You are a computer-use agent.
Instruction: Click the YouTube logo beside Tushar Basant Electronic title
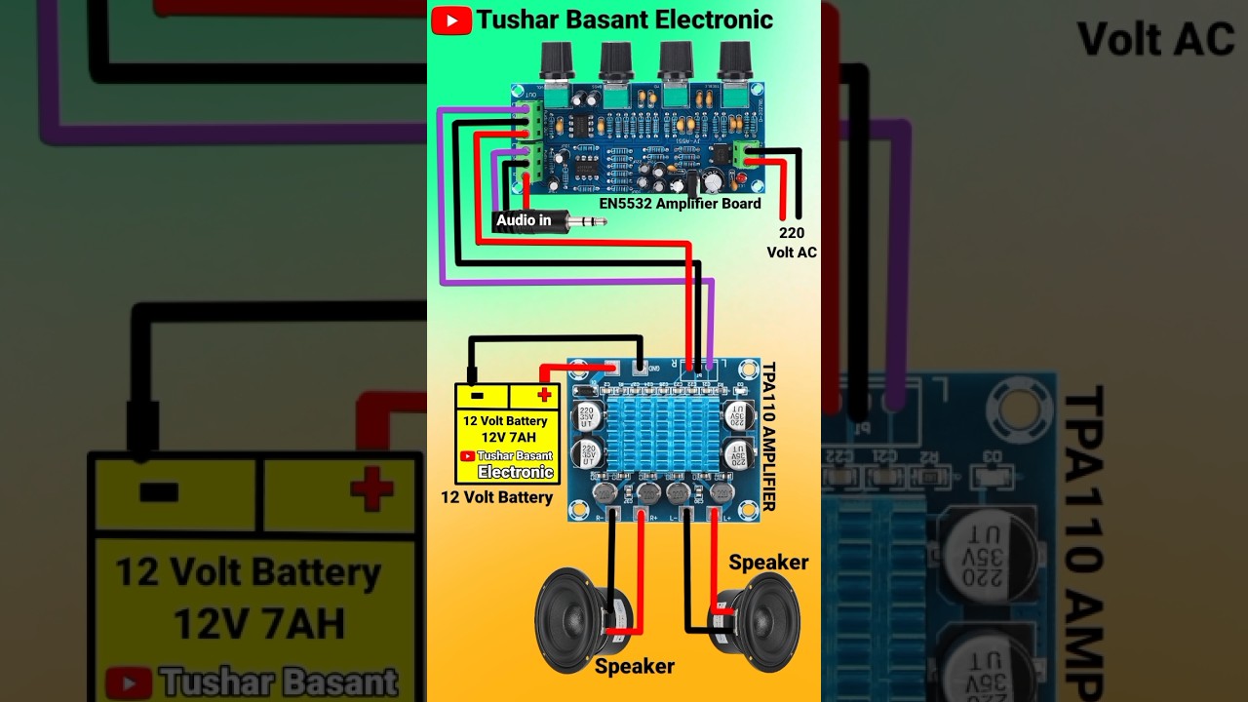click(x=451, y=20)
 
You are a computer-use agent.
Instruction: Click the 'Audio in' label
click(x=524, y=220)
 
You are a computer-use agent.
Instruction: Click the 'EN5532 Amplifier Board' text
click(x=680, y=204)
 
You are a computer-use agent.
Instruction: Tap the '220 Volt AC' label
click(x=791, y=243)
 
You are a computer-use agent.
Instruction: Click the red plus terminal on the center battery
click(x=543, y=395)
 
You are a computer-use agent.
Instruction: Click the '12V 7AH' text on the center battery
click(x=508, y=437)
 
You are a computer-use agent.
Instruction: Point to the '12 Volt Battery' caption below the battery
click(x=496, y=497)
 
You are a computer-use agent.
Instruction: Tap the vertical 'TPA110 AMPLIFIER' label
click(x=768, y=436)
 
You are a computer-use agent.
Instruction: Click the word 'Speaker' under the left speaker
click(x=634, y=667)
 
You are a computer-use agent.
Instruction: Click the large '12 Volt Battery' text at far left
click(x=248, y=572)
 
